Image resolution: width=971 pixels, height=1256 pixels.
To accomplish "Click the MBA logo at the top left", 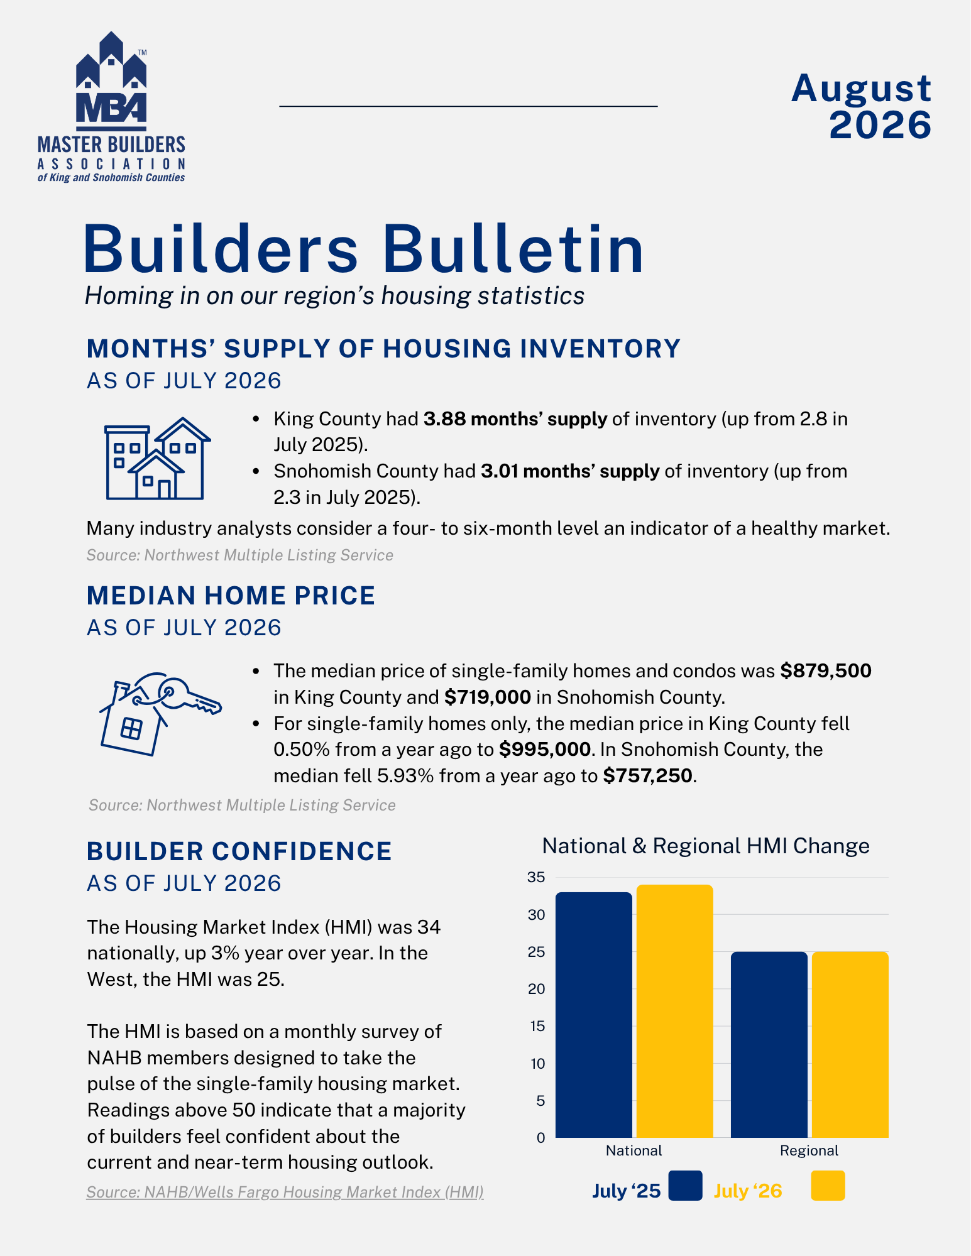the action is coord(111,107).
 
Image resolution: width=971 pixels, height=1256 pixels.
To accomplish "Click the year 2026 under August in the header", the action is coord(880,125).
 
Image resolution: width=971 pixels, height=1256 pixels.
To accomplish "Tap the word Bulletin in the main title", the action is coord(513,249).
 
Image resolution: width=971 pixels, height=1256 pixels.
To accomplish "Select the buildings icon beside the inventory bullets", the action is coord(157,459).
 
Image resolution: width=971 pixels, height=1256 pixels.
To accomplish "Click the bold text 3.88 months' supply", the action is coord(515,419).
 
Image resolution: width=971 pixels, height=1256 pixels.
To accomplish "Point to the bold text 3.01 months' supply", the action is coord(570,471).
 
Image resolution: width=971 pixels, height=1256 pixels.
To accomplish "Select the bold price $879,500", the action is coord(826,671).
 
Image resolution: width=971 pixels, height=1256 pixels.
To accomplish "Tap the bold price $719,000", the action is coord(488,697).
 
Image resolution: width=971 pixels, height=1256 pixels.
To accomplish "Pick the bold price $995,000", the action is coord(545,750).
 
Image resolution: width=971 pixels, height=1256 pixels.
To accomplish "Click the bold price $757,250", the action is coord(647,776).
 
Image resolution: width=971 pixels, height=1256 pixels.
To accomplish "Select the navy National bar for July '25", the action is coord(594,1015).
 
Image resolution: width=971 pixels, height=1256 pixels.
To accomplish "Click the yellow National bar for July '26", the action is coord(675,1011).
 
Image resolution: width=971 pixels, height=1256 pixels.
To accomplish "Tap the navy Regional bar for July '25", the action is coord(769,1044).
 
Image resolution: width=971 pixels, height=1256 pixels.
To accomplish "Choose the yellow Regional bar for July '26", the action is coord(850,1044).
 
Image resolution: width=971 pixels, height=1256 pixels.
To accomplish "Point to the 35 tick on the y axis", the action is coord(536,877).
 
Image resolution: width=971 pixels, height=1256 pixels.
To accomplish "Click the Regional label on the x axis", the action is coord(809,1150).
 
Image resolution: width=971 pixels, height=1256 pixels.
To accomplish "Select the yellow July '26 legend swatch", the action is coord(828,1186).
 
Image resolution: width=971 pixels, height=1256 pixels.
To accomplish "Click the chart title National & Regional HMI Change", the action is coord(706,846).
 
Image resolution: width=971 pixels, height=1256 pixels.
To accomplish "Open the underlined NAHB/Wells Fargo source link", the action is coord(285,1192).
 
